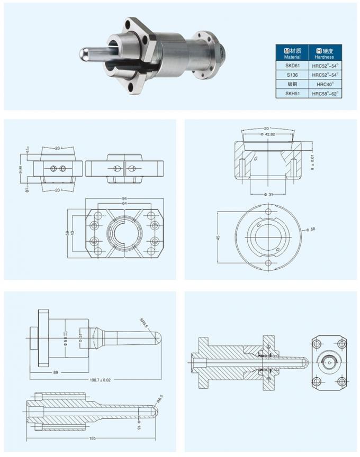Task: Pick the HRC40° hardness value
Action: [324, 84]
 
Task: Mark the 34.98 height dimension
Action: [21, 169]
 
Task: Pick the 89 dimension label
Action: [55, 372]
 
